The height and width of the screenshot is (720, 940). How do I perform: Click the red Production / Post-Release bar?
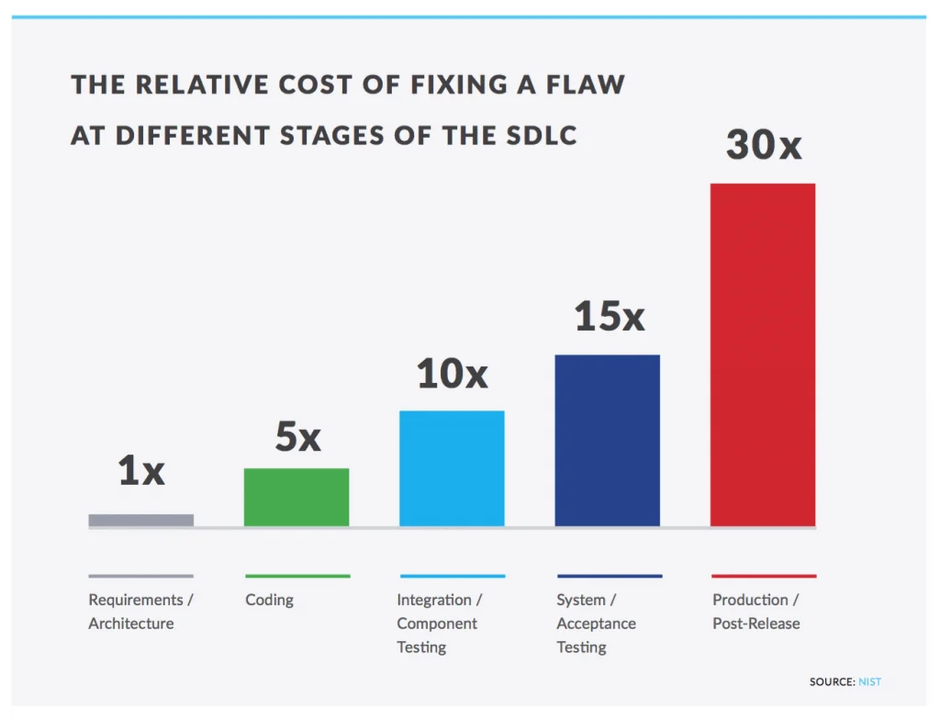click(763, 354)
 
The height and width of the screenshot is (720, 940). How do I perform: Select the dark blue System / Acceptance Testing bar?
click(608, 440)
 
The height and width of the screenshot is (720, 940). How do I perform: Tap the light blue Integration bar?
click(452, 468)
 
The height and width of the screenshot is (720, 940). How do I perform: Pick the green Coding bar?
click(297, 497)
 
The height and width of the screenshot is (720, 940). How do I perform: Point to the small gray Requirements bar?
click(140, 520)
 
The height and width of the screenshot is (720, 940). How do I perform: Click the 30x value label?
click(764, 145)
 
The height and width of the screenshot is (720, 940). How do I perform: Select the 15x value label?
click(610, 317)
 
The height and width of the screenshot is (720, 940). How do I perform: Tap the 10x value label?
click(452, 374)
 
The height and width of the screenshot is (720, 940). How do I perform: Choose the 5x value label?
click(297, 437)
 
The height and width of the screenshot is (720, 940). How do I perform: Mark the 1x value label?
click(141, 471)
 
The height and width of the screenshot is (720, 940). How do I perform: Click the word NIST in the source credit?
click(869, 681)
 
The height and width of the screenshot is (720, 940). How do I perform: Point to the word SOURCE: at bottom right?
click(832, 681)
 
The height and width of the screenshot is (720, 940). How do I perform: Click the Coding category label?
click(270, 600)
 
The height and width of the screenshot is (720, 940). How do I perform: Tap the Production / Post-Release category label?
click(756, 612)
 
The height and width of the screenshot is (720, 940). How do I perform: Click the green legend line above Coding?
click(297, 576)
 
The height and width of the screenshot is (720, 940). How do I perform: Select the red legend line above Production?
click(764, 576)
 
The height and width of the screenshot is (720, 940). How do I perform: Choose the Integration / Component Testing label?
click(439, 624)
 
